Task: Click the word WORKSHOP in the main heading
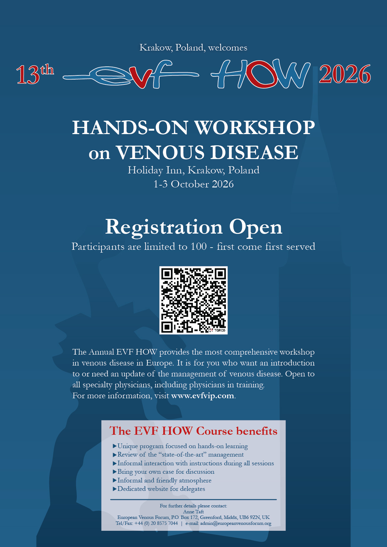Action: pyautogui.click(x=255, y=128)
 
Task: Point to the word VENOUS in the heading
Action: pyautogui.click(x=160, y=152)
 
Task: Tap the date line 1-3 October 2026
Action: pyautogui.click(x=193, y=184)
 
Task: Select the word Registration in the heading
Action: pyautogui.click(x=164, y=227)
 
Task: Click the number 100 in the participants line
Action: pyautogui.click(x=199, y=246)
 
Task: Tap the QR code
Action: pyautogui.click(x=193, y=300)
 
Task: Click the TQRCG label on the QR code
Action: pyautogui.click(x=220, y=330)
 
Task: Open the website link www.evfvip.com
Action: pyautogui.click(x=203, y=395)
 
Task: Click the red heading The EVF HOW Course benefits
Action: pyautogui.click(x=193, y=431)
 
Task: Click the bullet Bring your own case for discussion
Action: pyautogui.click(x=164, y=472)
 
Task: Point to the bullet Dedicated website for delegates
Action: pyautogui.click(x=159, y=489)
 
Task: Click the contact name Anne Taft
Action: pyautogui.click(x=193, y=511)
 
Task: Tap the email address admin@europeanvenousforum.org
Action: pyautogui.click(x=236, y=523)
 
